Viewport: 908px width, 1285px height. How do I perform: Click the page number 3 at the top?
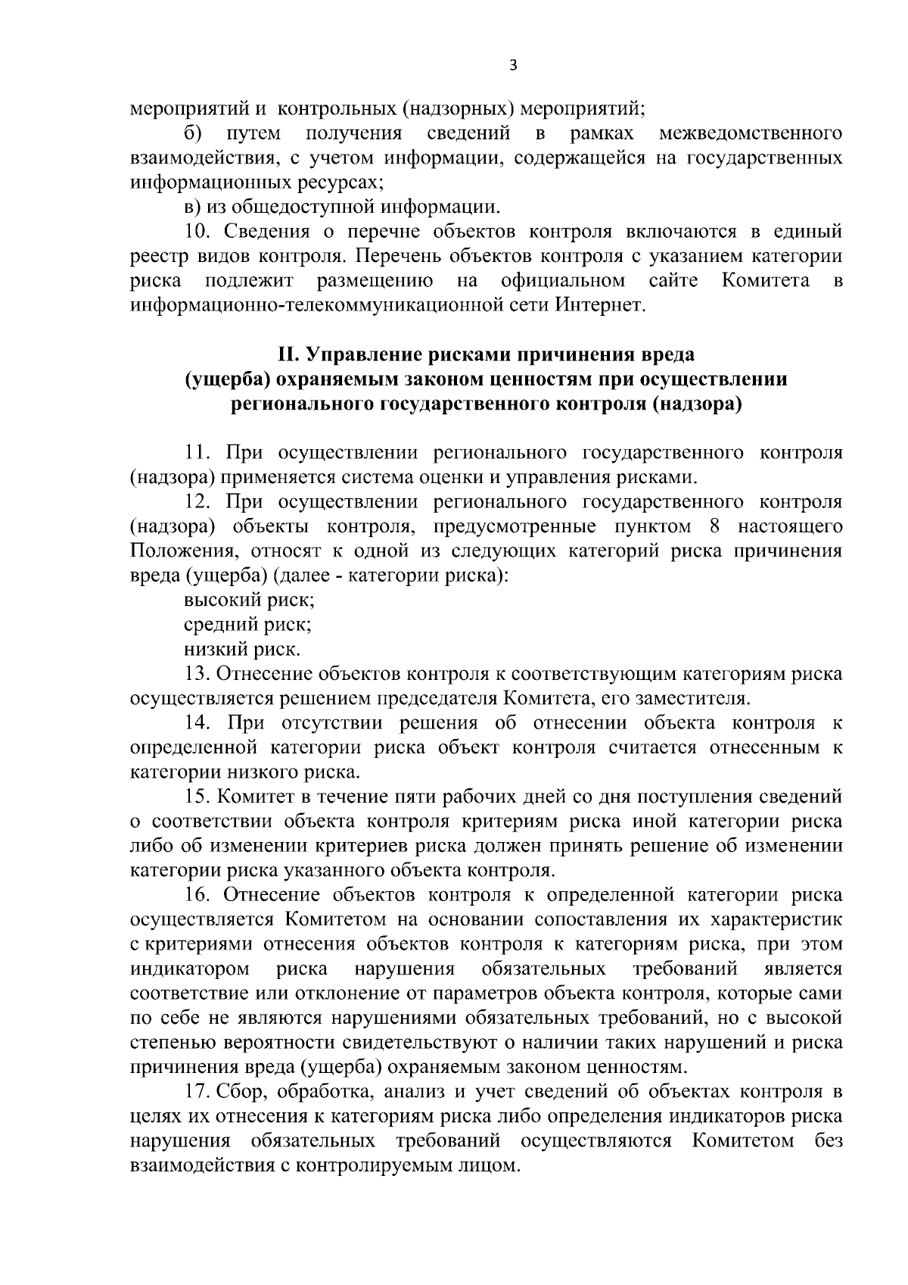(x=513, y=65)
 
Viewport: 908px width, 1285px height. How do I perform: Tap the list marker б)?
(x=192, y=134)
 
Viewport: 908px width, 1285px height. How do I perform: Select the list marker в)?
(x=192, y=207)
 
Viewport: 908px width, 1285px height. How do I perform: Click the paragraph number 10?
(x=197, y=232)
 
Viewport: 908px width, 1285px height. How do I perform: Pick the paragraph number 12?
(x=198, y=502)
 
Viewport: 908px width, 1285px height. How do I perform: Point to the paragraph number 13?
(x=198, y=673)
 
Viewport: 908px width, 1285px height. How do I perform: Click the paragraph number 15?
(x=198, y=797)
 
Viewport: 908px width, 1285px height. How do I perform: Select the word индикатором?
(x=190, y=969)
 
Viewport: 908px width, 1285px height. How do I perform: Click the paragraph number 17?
(x=198, y=1092)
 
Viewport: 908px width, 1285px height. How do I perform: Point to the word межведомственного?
(x=751, y=134)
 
